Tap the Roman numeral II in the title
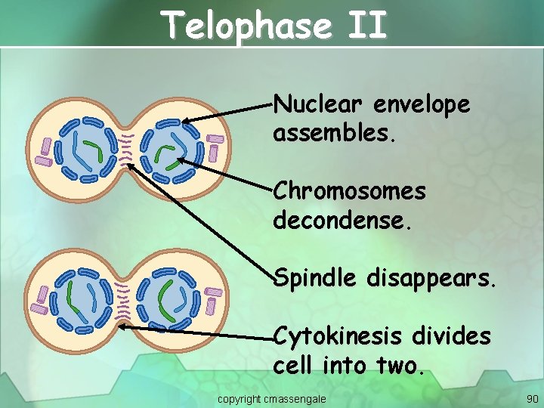(x=368, y=26)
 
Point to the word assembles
(x=334, y=134)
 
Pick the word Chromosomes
(x=349, y=192)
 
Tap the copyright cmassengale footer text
(x=272, y=398)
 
